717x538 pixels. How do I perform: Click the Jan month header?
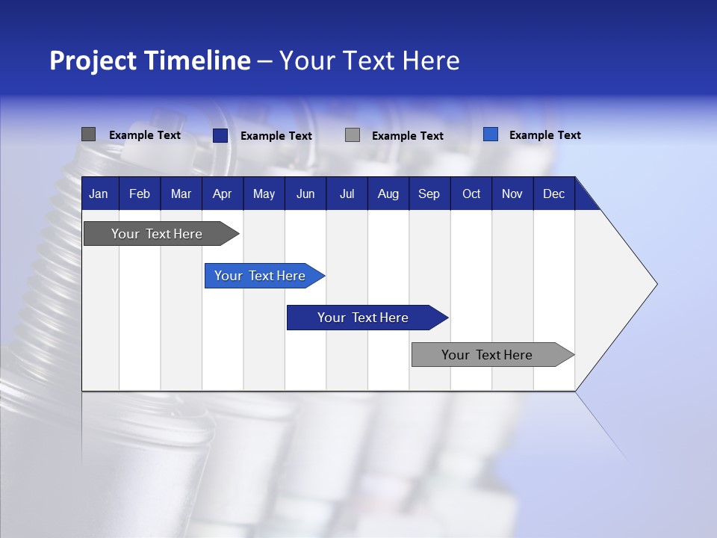tap(99, 194)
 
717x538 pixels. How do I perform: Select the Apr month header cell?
tap(222, 194)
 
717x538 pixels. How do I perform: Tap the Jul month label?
tap(347, 194)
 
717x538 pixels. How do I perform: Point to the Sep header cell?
tap(429, 194)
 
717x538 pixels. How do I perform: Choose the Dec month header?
tap(553, 194)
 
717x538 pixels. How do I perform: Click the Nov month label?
tap(512, 194)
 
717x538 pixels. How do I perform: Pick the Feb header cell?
tap(140, 194)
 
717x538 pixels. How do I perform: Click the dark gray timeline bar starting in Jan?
tap(157, 234)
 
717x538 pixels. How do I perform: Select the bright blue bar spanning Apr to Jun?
tap(260, 276)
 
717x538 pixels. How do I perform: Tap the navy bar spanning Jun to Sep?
tap(363, 318)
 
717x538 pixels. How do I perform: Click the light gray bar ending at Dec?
tap(487, 355)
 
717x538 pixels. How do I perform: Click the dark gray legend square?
tap(88, 134)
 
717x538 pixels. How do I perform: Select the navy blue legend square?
tap(220, 135)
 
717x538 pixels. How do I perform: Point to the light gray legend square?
tap(353, 135)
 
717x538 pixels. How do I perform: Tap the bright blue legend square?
tap(490, 134)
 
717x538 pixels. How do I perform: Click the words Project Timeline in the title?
tap(149, 61)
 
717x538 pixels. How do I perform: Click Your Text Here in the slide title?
tap(369, 61)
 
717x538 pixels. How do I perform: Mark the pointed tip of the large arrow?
tap(655, 283)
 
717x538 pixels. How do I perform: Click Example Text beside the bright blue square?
tap(544, 135)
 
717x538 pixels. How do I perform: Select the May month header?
tap(264, 194)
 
